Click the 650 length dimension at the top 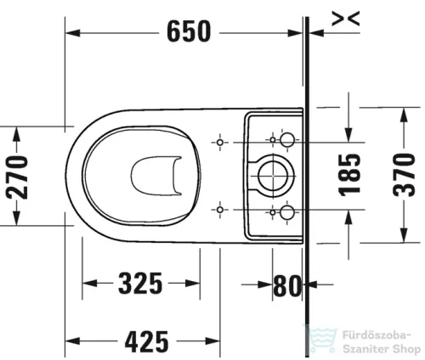tap(189, 32)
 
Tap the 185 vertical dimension tap(351, 176)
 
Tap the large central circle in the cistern tap(272, 175)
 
